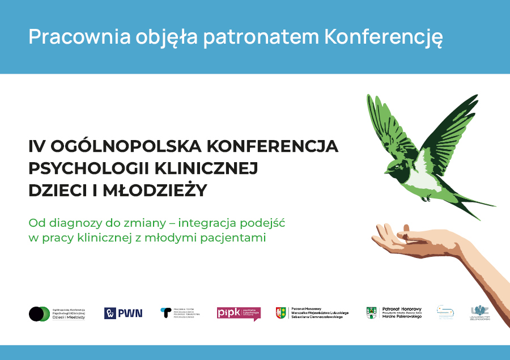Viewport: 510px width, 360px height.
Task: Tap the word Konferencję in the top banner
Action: point(384,37)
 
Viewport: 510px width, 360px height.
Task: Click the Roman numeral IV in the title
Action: point(37,146)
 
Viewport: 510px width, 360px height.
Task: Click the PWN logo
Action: point(124,313)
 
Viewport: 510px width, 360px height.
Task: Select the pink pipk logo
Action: point(239,313)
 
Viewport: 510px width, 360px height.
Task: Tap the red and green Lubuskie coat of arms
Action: point(280,313)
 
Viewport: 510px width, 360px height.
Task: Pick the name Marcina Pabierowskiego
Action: point(402,316)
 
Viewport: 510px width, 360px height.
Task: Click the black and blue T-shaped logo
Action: point(165,312)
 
